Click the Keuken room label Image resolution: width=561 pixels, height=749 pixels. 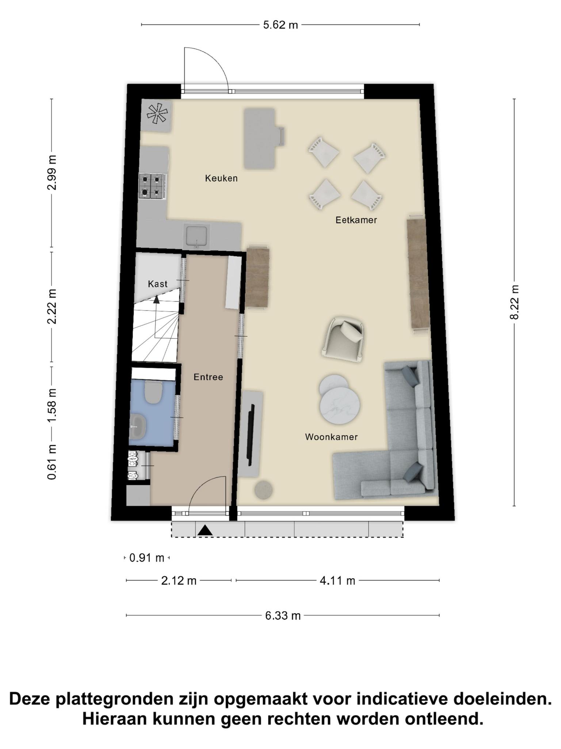221,178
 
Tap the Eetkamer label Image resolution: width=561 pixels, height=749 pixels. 356,220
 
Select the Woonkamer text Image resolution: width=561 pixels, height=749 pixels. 331,437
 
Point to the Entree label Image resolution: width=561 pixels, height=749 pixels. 208,377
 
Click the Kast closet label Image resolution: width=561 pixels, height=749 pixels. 158,284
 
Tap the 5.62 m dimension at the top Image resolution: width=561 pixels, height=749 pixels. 280,25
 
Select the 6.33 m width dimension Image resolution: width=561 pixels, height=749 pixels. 283,616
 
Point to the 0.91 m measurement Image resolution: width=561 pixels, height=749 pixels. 147,558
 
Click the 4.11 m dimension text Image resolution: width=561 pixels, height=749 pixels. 337,580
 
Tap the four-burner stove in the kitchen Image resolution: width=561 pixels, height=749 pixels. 152,186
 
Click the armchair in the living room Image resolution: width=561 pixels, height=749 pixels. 343,339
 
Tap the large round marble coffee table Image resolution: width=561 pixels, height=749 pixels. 340,405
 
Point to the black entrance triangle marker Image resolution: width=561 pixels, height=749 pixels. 205,530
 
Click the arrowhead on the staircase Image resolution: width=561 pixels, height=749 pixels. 156,300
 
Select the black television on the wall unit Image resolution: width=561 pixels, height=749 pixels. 251,435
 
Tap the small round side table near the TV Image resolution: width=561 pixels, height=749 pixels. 263,490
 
